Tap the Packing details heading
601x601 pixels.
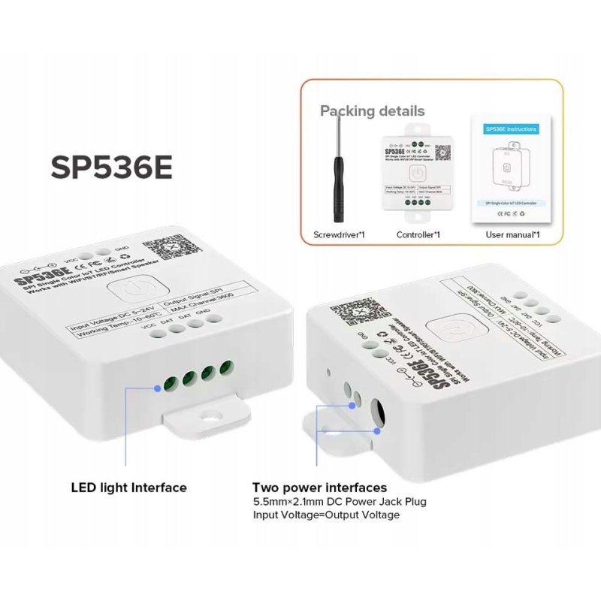pyautogui.click(x=372, y=111)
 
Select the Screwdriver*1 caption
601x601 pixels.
pyautogui.click(x=339, y=235)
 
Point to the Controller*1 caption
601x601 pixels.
pyautogui.click(x=418, y=235)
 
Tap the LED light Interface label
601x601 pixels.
pyautogui.click(x=128, y=488)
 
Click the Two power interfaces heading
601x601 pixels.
pyautogui.click(x=319, y=488)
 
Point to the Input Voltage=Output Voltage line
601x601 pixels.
pyautogui.click(x=326, y=515)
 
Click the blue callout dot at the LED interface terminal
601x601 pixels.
pyautogui.click(x=159, y=388)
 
